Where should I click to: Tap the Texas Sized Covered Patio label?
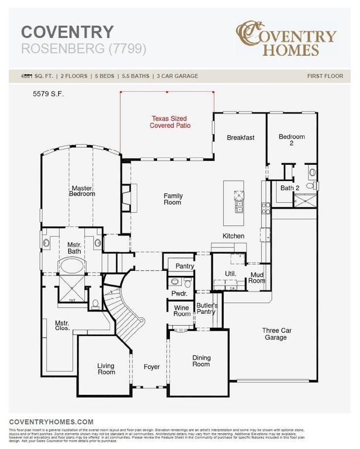170,122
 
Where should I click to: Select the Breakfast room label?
240,137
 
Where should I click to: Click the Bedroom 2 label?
292,140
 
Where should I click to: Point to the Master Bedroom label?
82,191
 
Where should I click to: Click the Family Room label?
173,199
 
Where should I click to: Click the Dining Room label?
201,361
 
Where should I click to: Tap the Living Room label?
106,369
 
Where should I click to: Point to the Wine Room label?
182,311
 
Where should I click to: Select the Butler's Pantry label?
206,308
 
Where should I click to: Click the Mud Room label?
257,278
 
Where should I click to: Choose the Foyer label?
151,367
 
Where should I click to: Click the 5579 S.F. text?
48,94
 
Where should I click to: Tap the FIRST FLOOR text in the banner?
325,75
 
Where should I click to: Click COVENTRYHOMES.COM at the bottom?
51,422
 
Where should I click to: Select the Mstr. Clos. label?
61,326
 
